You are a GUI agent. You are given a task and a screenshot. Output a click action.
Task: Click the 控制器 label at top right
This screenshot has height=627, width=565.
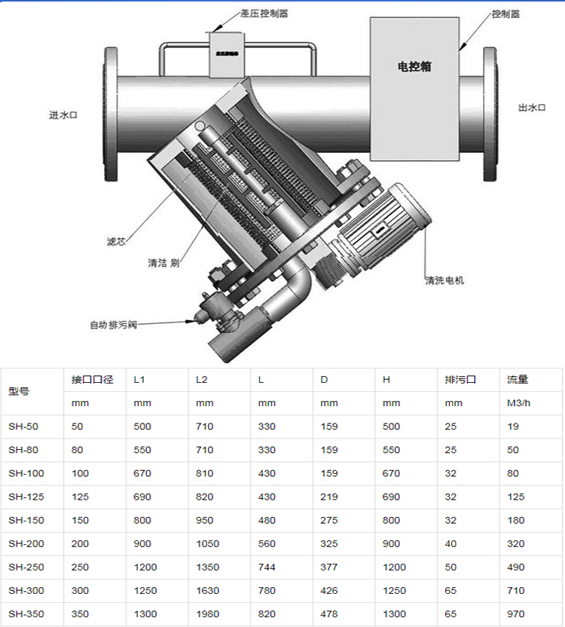505,14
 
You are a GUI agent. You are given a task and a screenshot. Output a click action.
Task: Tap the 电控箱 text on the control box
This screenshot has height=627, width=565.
414,66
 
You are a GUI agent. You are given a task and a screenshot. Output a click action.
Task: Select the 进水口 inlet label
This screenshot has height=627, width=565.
63,115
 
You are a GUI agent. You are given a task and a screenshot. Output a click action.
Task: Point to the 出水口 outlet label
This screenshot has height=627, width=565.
531,108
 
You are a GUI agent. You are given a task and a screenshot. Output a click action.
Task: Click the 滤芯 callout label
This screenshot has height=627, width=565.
115,242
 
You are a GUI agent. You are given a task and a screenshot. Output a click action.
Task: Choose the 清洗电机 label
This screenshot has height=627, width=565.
444,280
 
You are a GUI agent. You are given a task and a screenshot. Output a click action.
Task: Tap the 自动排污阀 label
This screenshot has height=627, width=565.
113,325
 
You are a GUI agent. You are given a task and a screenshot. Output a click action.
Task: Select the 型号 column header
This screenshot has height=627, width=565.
19,391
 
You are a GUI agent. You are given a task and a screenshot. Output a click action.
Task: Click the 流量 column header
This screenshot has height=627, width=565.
518,380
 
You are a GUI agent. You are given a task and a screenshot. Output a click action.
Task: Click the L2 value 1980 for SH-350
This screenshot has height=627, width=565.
207,614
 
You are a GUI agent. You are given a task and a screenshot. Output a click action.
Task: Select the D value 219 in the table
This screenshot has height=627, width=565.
329,497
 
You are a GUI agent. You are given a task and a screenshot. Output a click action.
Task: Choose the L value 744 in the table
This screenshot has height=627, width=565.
267,567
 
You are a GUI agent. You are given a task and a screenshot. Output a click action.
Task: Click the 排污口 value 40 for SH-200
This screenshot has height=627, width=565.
450,543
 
